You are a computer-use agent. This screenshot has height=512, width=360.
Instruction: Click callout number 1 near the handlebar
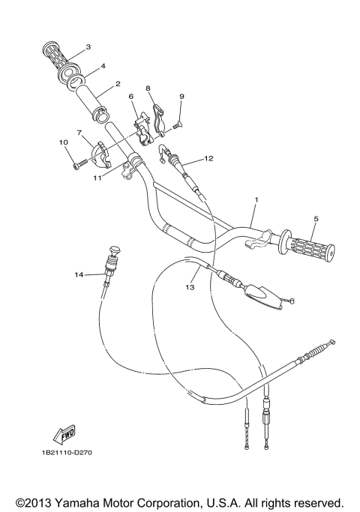click(x=256, y=201)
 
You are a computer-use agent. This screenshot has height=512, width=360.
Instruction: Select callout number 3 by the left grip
click(x=88, y=46)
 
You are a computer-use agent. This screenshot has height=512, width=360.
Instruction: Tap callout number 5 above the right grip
click(x=316, y=219)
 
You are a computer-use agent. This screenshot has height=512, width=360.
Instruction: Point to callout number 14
click(x=78, y=274)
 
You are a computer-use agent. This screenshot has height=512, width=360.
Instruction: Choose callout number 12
click(x=208, y=158)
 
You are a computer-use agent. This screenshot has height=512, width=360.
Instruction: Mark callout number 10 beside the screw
click(x=63, y=141)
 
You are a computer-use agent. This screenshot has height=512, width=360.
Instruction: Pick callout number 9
click(x=181, y=96)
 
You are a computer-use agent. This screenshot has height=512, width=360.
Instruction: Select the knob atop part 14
click(x=114, y=252)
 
